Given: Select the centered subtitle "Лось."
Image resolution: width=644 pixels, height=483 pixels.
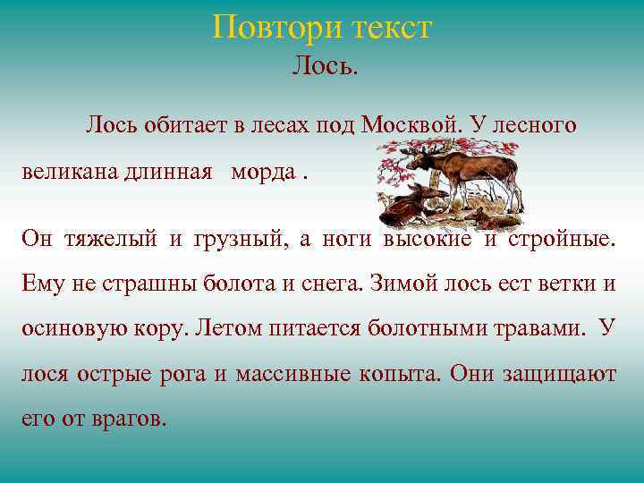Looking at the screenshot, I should click(325, 66).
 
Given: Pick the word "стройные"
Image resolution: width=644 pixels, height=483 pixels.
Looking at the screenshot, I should click(562, 238).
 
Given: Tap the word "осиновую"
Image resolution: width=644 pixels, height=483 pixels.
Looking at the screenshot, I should click(67, 328).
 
